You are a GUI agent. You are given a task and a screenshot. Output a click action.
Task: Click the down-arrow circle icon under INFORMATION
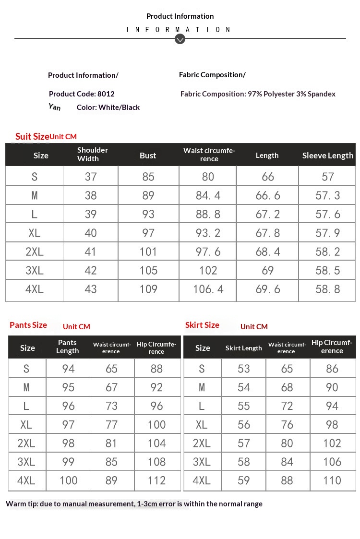[180, 39]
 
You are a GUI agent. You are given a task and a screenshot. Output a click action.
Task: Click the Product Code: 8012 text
[82, 94]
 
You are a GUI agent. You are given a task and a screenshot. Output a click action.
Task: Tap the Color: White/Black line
[108, 108]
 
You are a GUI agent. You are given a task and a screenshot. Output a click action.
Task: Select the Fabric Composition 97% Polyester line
[258, 94]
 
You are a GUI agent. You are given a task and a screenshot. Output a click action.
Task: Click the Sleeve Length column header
[327, 156]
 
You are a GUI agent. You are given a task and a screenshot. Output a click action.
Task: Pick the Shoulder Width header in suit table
[92, 155]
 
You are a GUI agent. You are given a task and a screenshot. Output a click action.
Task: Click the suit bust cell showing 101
[148, 252]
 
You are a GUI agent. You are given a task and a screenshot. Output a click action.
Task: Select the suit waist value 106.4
[208, 289]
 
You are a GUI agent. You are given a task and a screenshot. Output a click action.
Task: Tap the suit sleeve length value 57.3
[327, 196]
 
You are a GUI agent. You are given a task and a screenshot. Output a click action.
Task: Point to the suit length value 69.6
[267, 289]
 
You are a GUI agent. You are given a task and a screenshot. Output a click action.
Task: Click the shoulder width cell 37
[91, 177]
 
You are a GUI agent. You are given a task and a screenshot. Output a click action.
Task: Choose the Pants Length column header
[67, 347]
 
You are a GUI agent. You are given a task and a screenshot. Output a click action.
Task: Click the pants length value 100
[68, 480]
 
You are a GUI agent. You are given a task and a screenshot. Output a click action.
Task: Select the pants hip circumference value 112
[156, 480]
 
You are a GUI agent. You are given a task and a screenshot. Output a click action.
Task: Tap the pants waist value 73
[111, 406]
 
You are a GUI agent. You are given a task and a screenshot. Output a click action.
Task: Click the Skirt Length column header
[243, 348]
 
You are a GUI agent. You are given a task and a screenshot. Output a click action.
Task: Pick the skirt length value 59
[243, 480]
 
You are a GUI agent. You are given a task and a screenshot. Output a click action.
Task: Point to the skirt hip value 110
[332, 480]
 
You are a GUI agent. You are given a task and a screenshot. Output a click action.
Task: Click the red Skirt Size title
[202, 325]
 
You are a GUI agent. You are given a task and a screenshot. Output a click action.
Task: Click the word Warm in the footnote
[15, 504]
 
